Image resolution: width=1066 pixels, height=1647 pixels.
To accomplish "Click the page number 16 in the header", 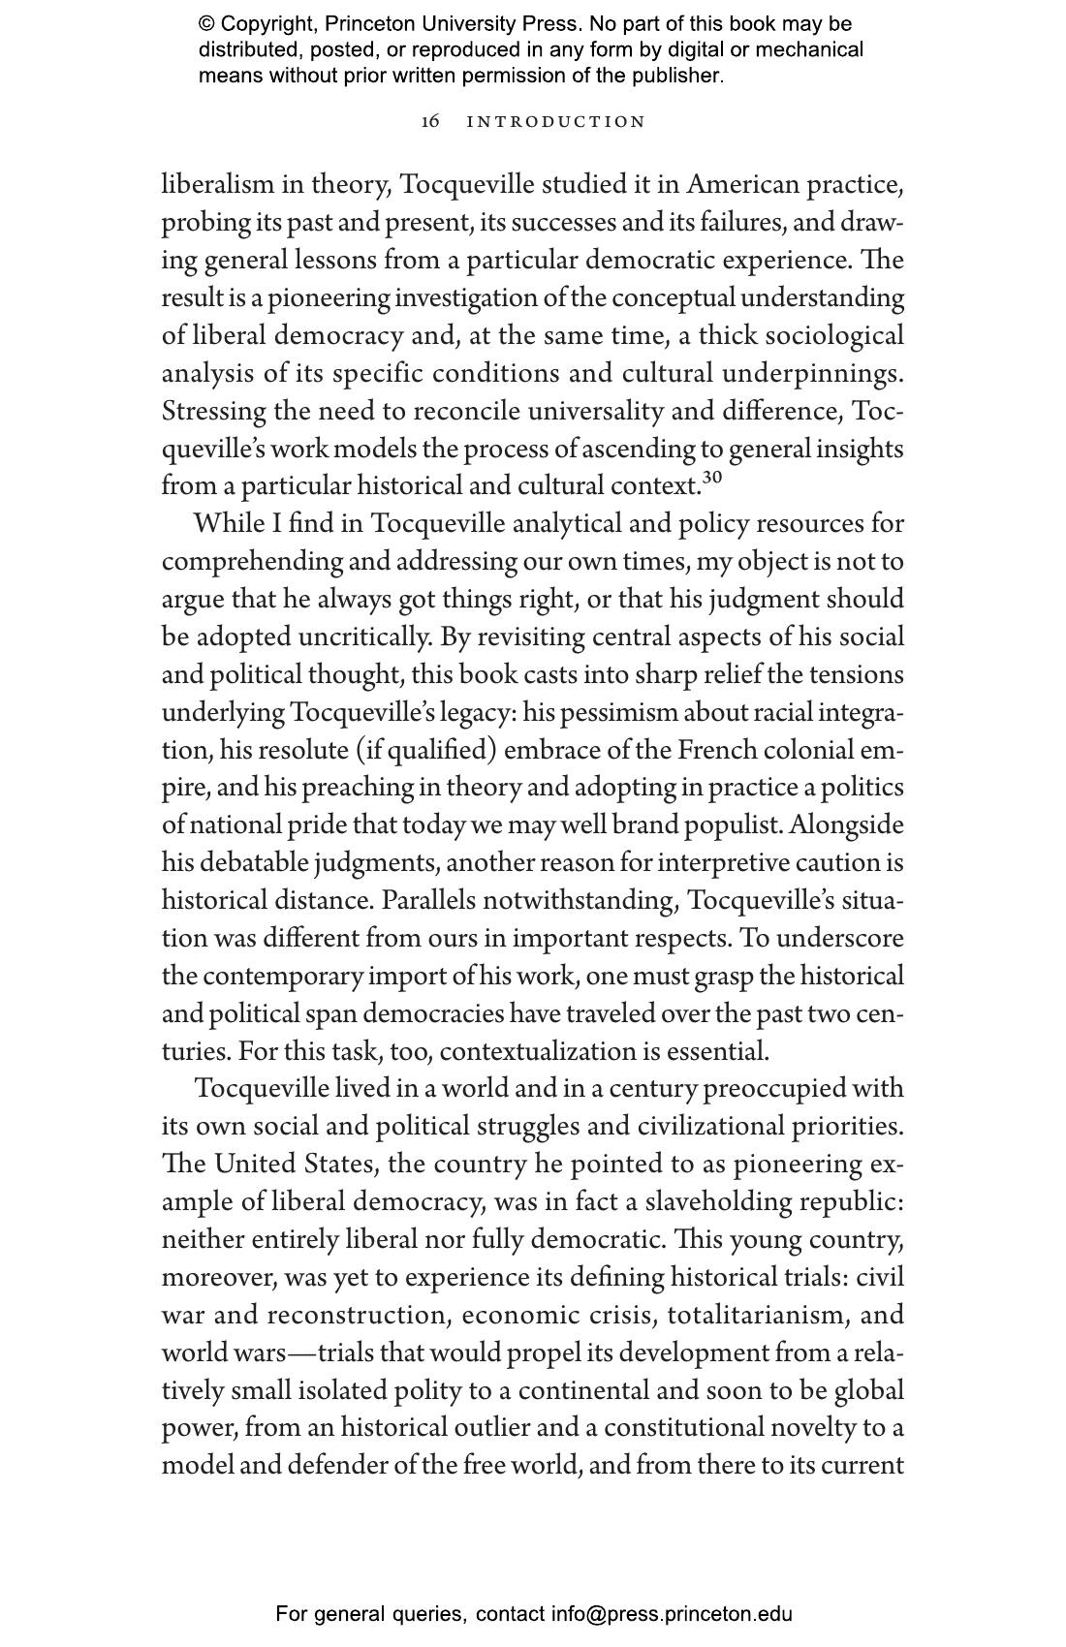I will coord(430,121).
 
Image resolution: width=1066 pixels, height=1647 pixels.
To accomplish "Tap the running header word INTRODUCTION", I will coord(556,122).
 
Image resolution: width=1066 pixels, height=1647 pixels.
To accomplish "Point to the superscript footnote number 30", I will coord(712,478).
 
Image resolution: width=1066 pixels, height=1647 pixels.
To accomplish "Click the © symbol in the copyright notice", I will coord(206,24).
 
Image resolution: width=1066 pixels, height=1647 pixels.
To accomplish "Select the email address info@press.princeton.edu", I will coord(672,1614).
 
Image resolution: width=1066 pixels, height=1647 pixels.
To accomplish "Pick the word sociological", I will coord(834,335).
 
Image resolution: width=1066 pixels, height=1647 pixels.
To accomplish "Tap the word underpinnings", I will coord(812,373).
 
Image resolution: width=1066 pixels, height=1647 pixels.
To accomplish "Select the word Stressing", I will coord(213,411).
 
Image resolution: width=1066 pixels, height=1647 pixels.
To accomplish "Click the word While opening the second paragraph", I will coord(229,524).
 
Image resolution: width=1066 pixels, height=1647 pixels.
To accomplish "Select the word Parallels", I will coord(428,901).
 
